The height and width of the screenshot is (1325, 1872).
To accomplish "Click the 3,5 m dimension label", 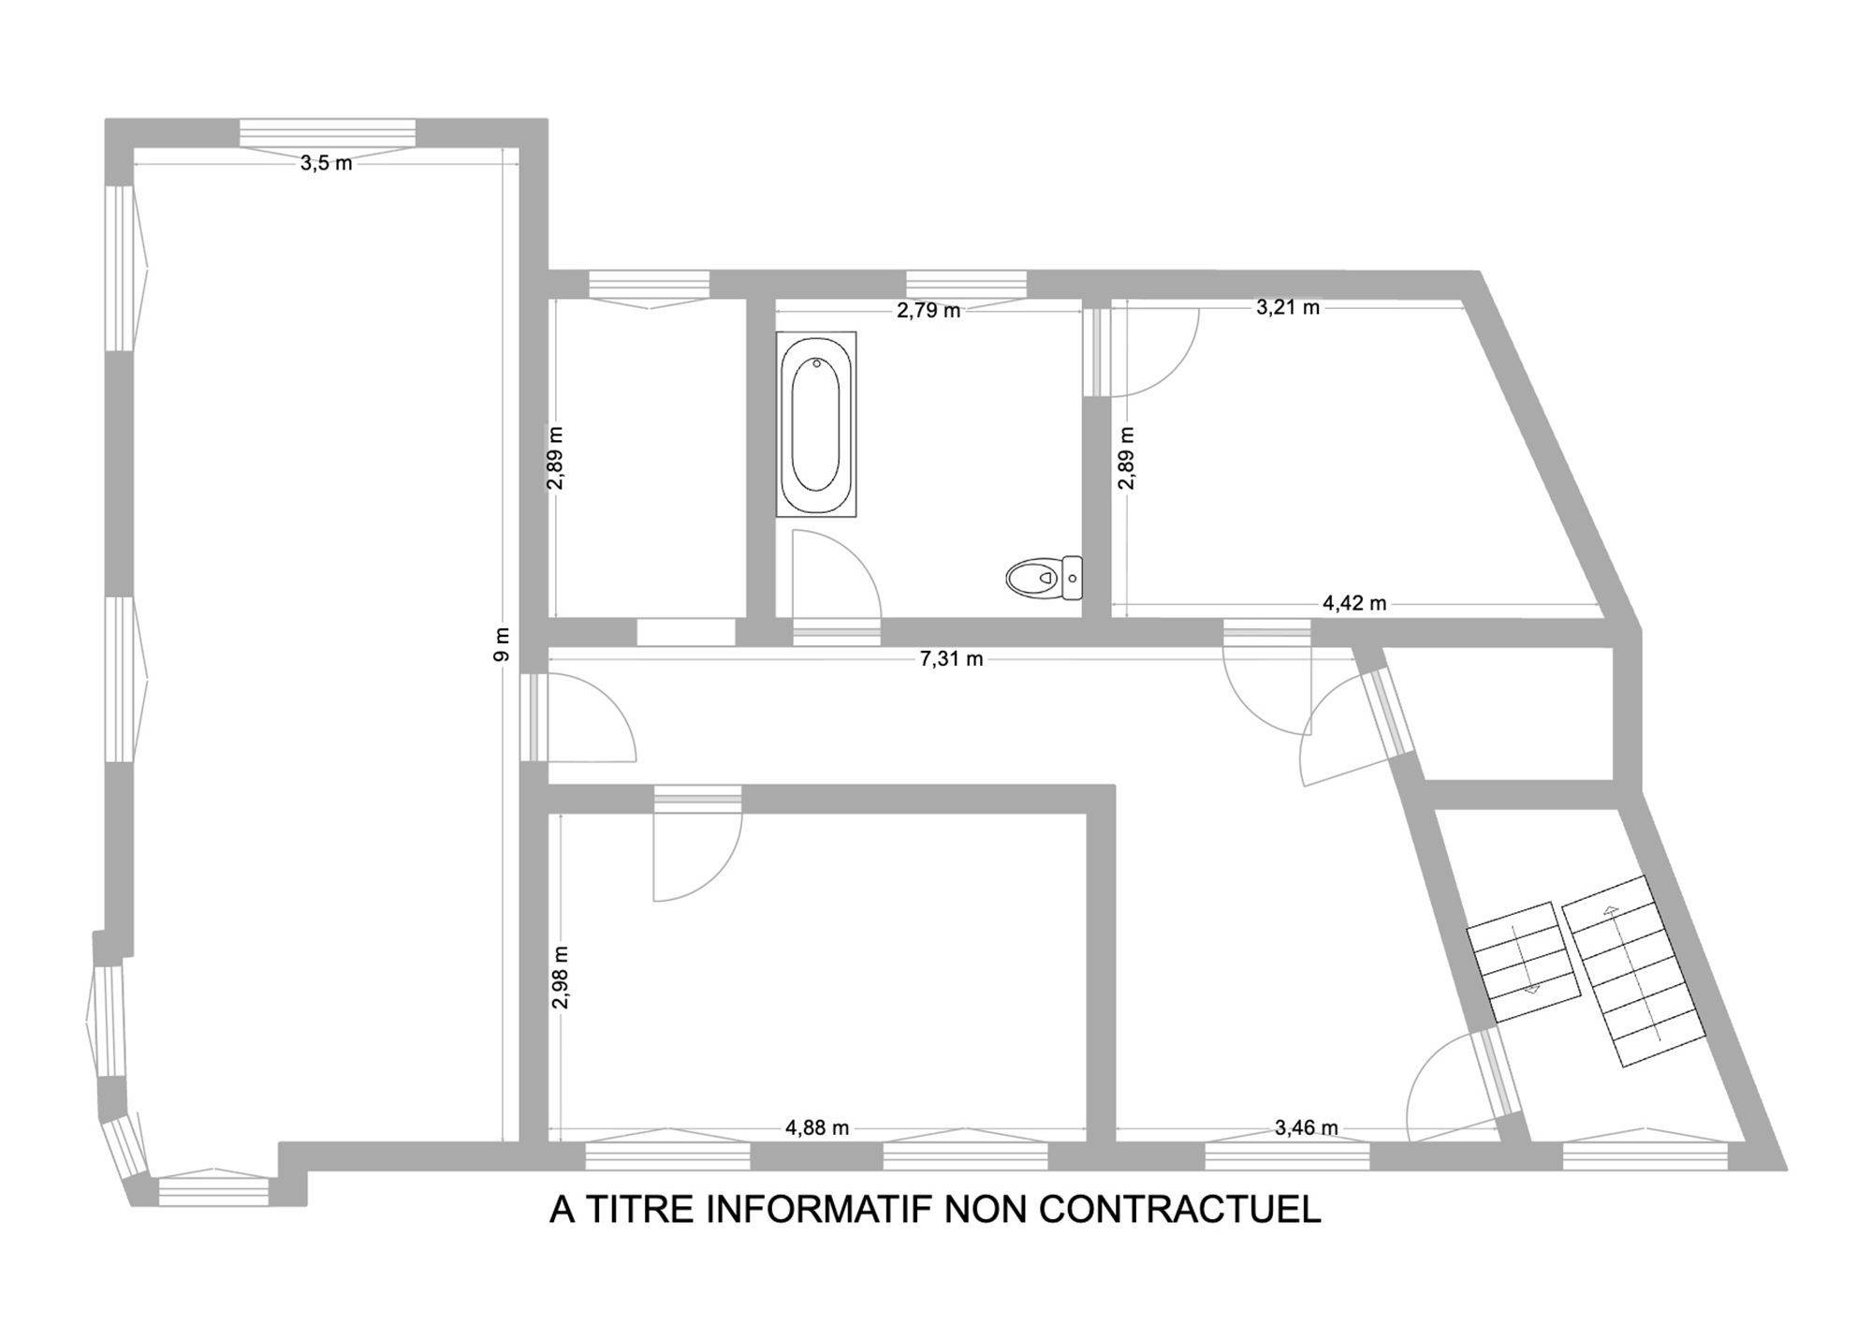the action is (326, 163).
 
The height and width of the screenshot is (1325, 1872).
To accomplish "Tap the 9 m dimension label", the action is (502, 644).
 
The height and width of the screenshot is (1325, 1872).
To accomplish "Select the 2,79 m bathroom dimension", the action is (929, 310).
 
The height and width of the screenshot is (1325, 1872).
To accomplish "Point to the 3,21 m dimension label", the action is (1288, 306).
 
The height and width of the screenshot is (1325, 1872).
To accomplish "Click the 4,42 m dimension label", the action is (1354, 603).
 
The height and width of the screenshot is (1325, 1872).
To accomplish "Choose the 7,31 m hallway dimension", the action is (951, 658).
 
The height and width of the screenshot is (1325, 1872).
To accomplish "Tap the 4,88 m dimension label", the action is (817, 1127).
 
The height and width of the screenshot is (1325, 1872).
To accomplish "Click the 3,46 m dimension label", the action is (1307, 1127).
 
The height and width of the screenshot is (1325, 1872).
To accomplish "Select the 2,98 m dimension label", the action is (561, 977).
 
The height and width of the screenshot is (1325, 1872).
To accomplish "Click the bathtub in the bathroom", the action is (816, 424).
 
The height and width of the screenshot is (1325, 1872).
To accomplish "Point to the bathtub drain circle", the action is (817, 363).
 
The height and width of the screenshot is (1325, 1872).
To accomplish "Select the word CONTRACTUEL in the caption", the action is (1179, 1209).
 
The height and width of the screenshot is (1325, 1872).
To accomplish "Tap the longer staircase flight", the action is (1636, 971).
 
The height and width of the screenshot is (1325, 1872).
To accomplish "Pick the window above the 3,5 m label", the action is (327, 133).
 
